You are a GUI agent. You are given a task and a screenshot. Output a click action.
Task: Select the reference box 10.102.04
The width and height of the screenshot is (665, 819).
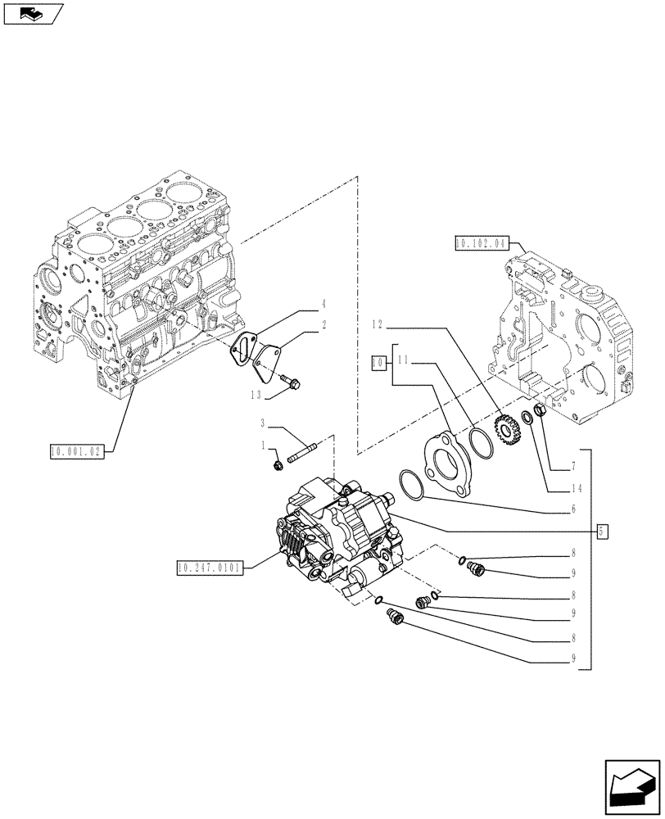(x=480, y=243)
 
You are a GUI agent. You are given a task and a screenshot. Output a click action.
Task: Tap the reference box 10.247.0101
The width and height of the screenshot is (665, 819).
(x=210, y=567)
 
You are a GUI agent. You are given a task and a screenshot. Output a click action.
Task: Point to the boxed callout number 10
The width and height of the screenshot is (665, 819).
(x=378, y=361)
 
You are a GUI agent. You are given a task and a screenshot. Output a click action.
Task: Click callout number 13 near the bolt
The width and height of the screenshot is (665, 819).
(x=258, y=394)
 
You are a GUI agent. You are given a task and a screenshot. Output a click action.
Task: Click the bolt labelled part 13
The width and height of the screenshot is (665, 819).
(x=291, y=380)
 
